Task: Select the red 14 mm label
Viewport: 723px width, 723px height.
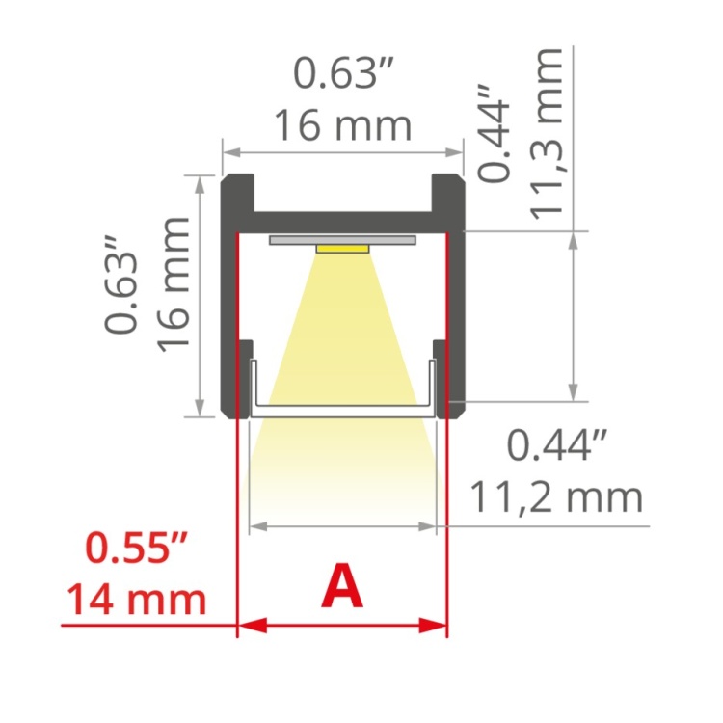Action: (x=136, y=599)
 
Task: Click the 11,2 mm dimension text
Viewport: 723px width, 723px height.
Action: (x=555, y=496)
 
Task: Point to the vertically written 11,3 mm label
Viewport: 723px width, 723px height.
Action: (x=550, y=134)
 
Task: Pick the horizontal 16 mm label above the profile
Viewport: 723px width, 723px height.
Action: (x=343, y=125)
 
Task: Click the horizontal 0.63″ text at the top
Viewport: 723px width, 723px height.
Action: (x=344, y=73)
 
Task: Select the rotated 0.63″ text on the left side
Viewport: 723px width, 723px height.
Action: (x=122, y=290)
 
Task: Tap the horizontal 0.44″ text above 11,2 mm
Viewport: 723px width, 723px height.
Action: (x=557, y=446)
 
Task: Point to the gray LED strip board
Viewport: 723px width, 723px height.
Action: (x=343, y=238)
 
